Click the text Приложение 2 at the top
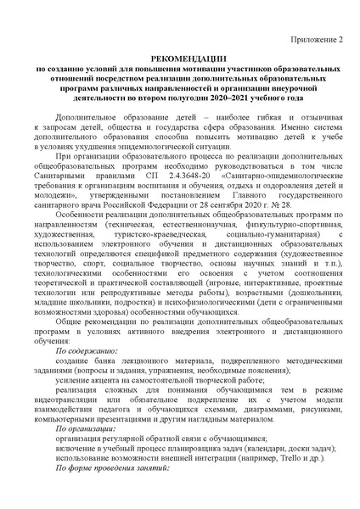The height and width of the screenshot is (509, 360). (x=316, y=39)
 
